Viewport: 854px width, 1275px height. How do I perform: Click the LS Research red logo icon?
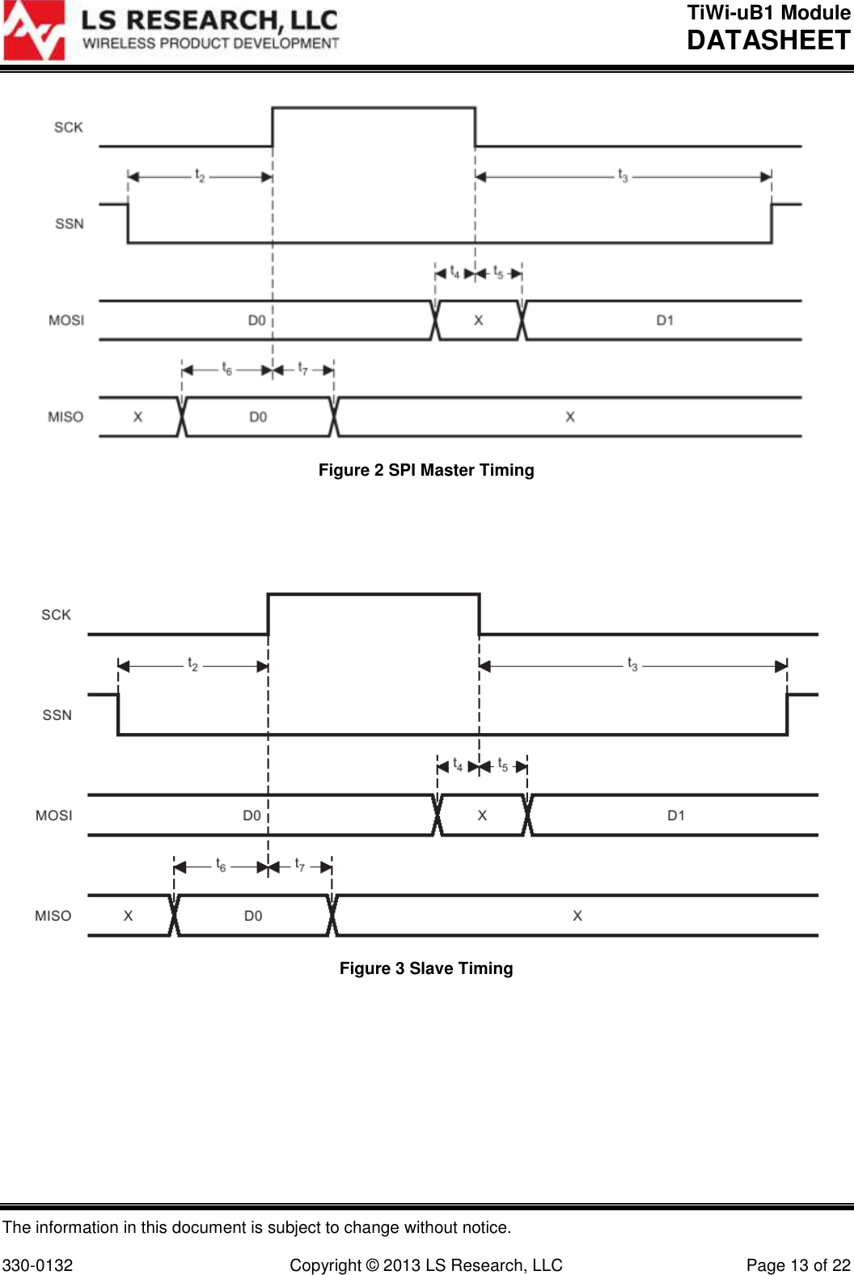(x=34, y=31)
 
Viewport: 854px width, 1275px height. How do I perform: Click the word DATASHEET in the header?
(x=768, y=40)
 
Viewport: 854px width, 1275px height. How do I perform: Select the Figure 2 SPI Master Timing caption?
(x=426, y=470)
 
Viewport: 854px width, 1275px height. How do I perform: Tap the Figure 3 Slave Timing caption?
(x=426, y=968)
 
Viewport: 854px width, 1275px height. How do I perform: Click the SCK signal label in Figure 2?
(x=69, y=127)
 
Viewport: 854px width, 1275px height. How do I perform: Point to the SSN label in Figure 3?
(x=57, y=715)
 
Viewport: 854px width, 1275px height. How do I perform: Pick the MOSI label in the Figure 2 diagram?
(x=66, y=320)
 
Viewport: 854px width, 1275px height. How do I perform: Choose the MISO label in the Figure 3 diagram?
(x=53, y=916)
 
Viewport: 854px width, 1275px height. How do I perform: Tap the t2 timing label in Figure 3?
(x=192, y=664)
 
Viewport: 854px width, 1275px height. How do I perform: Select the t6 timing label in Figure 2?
(x=227, y=369)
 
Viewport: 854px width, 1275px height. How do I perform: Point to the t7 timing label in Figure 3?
(x=299, y=865)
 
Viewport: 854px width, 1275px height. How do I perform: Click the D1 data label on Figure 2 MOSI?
(x=665, y=320)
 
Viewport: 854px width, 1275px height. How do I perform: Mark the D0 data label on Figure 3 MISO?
(x=253, y=916)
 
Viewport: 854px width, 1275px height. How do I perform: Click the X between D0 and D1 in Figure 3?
(x=482, y=815)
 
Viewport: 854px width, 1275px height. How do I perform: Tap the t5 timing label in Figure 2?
(x=498, y=273)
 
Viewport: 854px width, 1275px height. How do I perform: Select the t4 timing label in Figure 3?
(x=458, y=765)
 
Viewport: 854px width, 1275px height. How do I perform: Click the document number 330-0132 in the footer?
(x=38, y=1265)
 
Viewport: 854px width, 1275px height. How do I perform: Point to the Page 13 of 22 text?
(x=797, y=1265)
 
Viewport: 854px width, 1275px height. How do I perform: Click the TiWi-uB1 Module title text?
(x=768, y=13)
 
